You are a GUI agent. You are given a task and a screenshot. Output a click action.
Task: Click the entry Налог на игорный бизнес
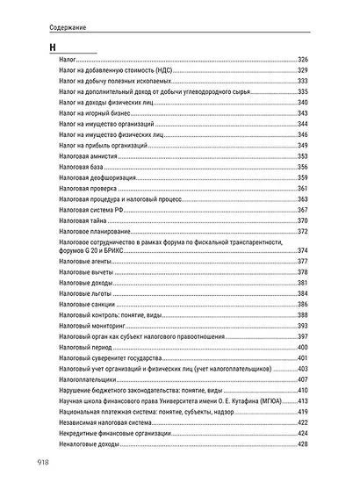point(94,113)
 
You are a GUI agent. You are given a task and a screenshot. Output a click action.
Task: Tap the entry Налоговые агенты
point(85,262)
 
